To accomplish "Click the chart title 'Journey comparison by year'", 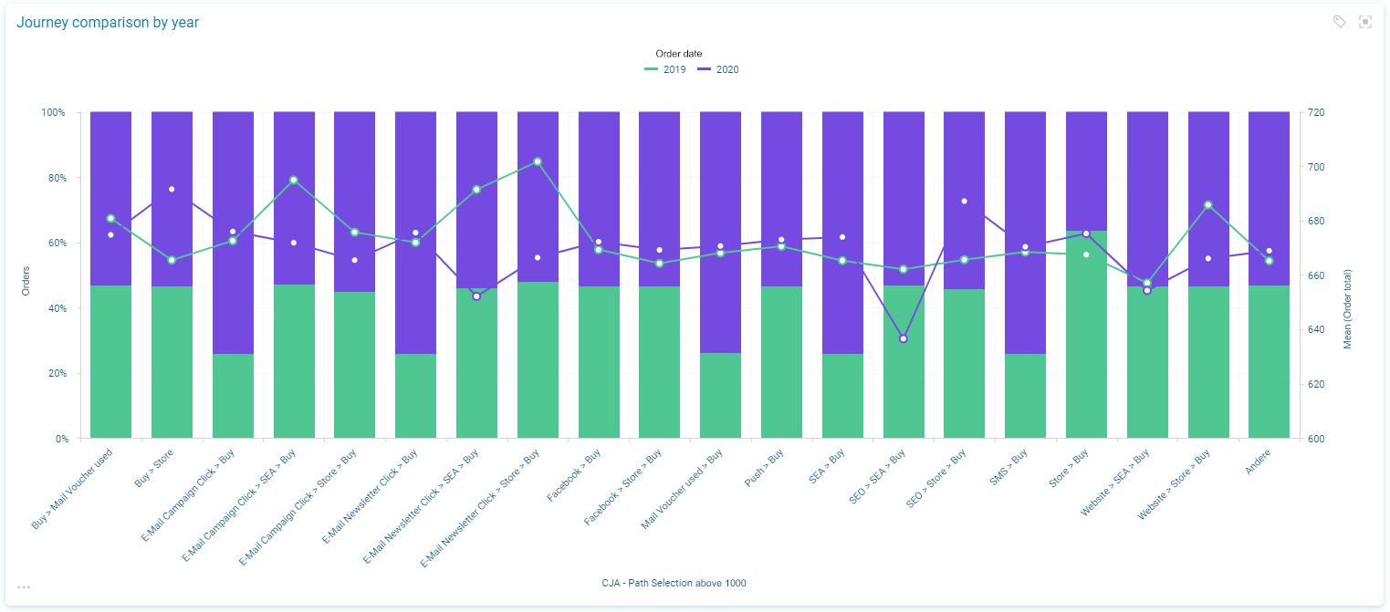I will coord(108,23).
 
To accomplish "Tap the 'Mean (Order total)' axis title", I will coord(1347,309).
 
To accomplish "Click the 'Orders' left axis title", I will coord(26,280).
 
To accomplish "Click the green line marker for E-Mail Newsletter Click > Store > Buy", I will coord(538,161).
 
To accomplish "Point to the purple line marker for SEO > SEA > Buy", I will coord(904,338).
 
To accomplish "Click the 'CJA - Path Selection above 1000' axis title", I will coord(674,583).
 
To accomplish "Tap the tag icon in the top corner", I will coord(1339,22).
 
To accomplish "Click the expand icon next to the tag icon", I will coord(1365,22).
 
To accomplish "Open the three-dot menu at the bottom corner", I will coord(24,587).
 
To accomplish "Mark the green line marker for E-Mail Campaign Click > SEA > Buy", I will coord(293,180).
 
